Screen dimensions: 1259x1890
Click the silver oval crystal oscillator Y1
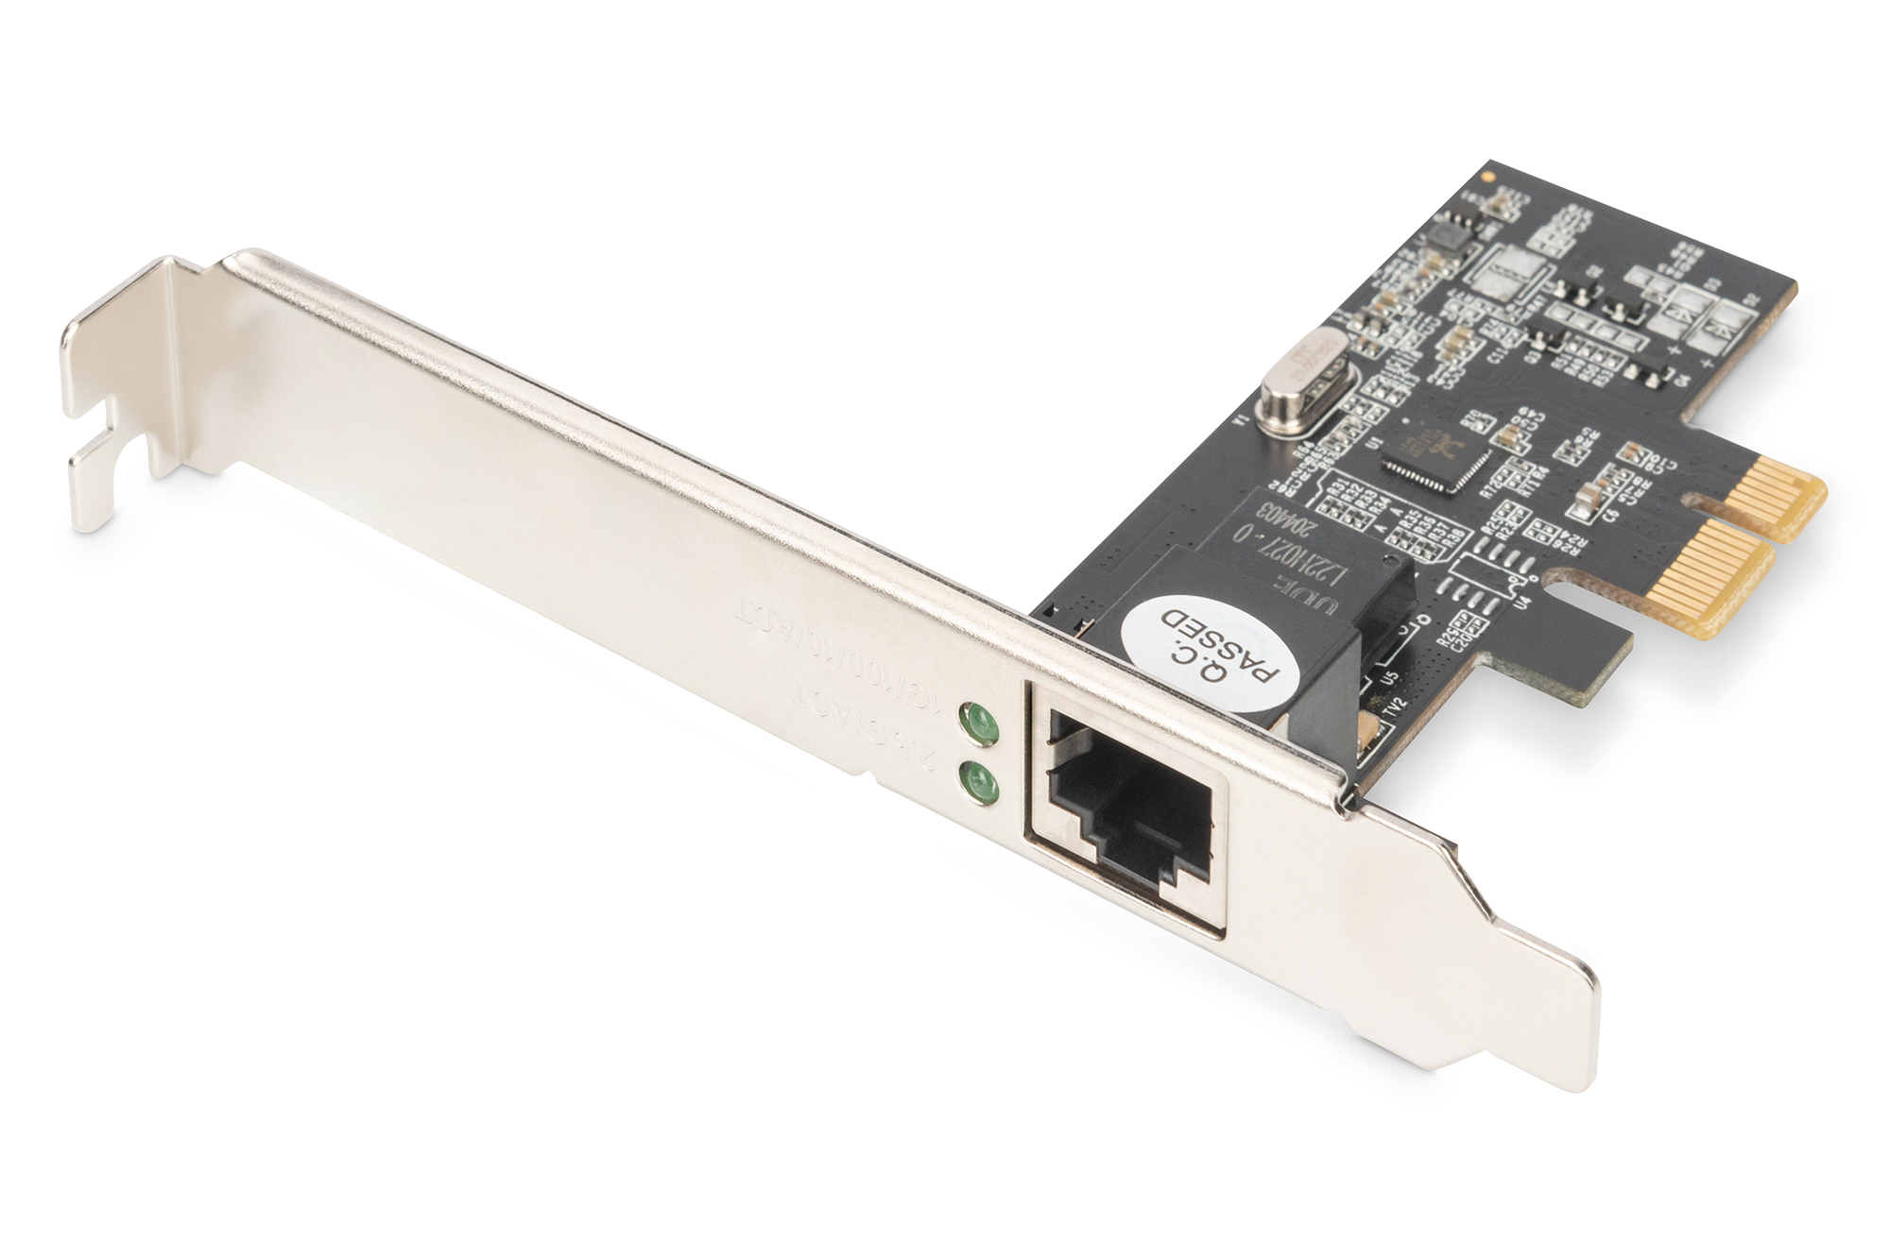(x=1309, y=376)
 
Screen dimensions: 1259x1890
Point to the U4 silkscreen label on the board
(x=1522, y=599)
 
